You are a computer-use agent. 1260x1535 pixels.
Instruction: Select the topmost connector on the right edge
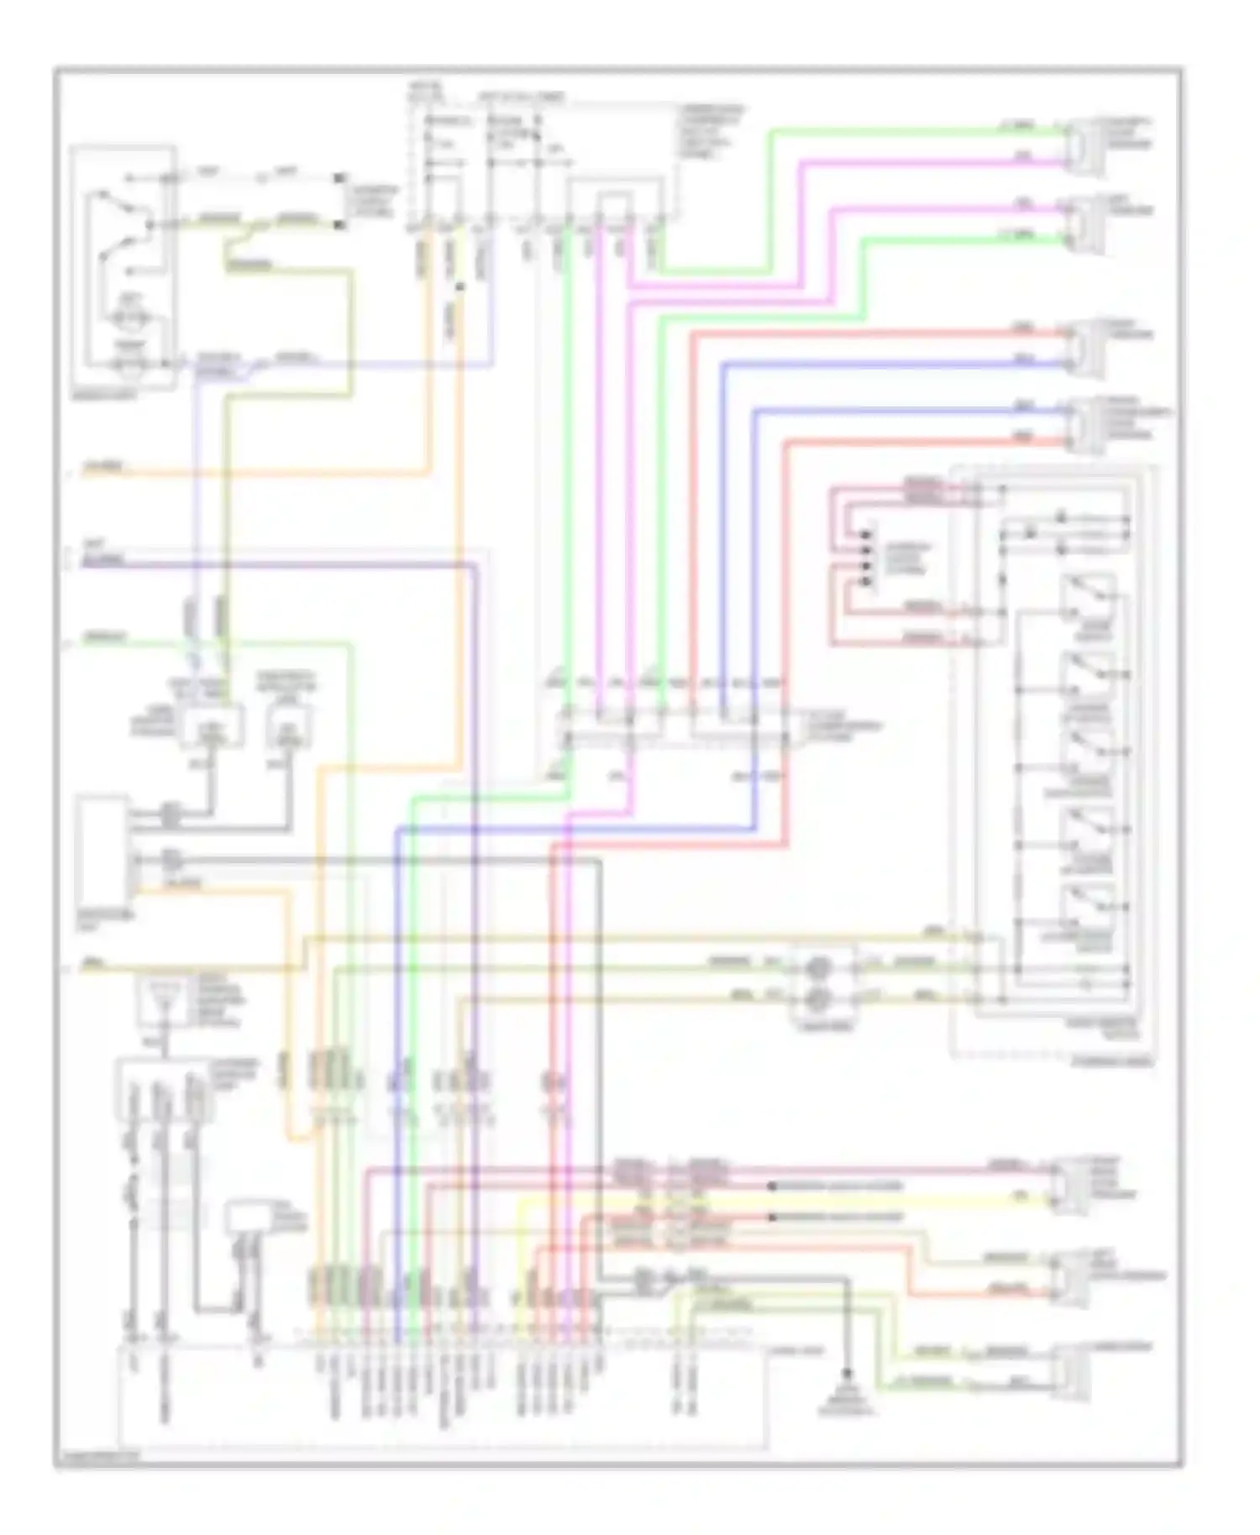coord(1083,144)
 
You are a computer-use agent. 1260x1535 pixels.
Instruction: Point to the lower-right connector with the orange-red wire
coord(1070,1277)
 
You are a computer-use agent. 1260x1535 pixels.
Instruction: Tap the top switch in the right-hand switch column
coord(1088,598)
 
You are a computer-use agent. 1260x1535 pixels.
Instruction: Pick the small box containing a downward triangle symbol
coord(164,1001)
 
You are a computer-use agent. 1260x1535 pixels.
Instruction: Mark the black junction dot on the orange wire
coord(459,288)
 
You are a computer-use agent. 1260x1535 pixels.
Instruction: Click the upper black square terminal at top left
coord(340,178)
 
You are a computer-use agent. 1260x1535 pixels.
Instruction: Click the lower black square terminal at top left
coord(340,224)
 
